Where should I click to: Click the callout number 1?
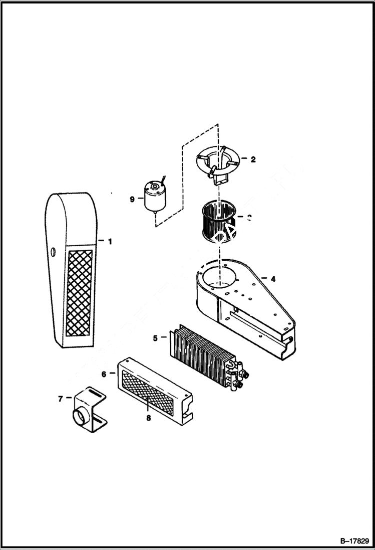pyautogui.click(x=109, y=241)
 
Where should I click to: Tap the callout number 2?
pyautogui.click(x=253, y=159)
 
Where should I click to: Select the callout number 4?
pyautogui.click(x=272, y=278)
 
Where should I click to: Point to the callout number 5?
pyautogui.click(x=155, y=338)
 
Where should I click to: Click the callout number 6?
pyautogui.click(x=104, y=374)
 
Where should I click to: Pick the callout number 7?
pyautogui.click(x=61, y=399)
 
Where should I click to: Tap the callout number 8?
pyautogui.click(x=148, y=418)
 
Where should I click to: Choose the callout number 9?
pyautogui.click(x=132, y=199)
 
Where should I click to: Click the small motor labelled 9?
pyautogui.click(x=155, y=197)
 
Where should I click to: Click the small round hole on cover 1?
pyautogui.click(x=54, y=251)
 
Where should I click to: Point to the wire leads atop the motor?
pyautogui.click(x=163, y=179)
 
